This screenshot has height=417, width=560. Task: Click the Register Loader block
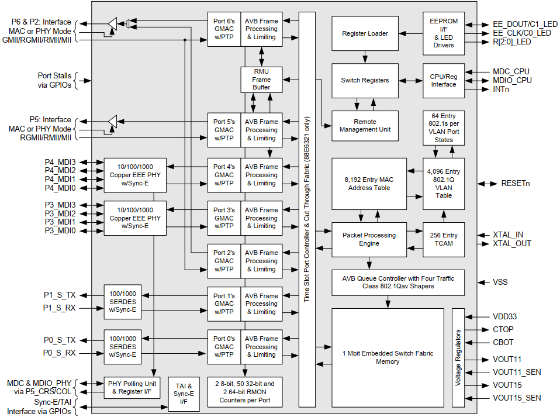point(365,33)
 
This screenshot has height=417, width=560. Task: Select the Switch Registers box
point(365,80)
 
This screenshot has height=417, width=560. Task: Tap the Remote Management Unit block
point(365,125)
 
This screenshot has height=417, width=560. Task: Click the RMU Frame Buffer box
point(261,80)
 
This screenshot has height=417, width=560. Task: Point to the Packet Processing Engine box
point(369,239)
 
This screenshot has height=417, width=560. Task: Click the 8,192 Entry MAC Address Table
point(369,184)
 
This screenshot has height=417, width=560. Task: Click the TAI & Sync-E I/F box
point(183,392)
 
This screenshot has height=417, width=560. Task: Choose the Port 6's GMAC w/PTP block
point(224,29)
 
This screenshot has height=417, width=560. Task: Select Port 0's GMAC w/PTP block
point(224,347)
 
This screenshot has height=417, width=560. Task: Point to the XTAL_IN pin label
point(507,235)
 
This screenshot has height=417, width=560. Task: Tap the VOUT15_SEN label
point(517,398)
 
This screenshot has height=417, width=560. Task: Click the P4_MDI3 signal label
point(60,162)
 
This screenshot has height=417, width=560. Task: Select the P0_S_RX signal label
point(59,353)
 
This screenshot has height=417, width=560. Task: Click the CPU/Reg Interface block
point(443,80)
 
